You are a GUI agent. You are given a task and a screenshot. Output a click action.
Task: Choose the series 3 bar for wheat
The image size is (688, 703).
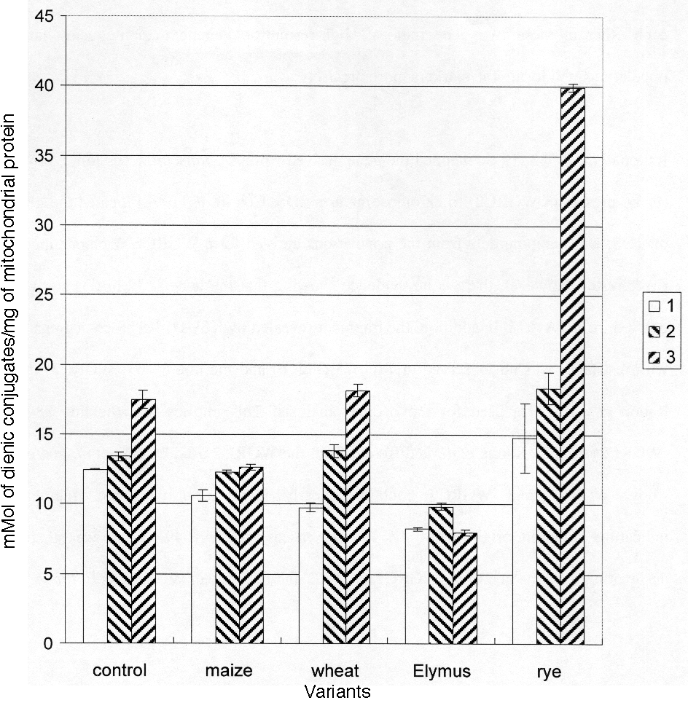click(x=358, y=517)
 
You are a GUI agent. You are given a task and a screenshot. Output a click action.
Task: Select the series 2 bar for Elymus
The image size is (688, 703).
click(x=441, y=576)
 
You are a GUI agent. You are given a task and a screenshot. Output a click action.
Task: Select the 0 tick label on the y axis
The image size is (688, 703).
click(x=48, y=643)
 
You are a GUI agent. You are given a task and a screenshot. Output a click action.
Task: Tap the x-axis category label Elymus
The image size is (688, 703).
click(x=439, y=671)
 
